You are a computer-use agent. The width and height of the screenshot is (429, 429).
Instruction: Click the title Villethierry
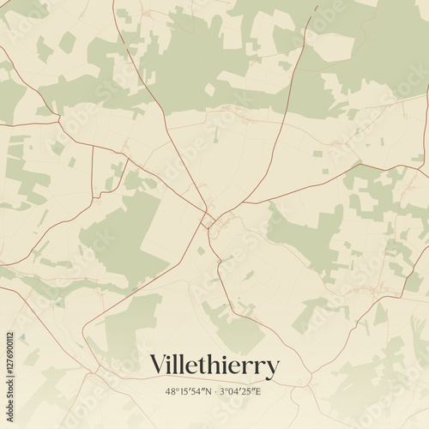[214, 366]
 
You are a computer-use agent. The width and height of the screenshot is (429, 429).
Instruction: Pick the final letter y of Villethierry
[273, 369]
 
